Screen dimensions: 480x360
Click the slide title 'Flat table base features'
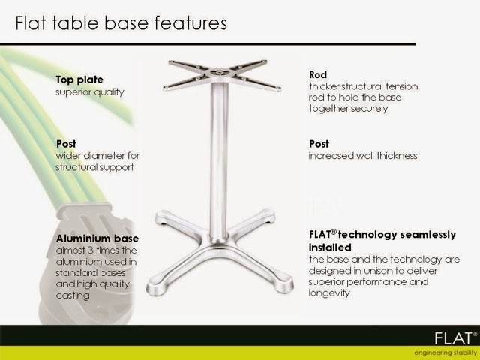point(121,23)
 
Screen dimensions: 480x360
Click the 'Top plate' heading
point(79,80)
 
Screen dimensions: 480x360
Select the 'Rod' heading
point(318,75)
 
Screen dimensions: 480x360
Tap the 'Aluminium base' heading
point(97,238)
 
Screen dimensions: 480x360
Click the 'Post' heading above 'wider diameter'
point(66,144)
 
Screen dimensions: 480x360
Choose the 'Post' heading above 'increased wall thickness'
point(319,144)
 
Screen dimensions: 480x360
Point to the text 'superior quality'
point(90,92)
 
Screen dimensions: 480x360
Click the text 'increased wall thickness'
point(363,156)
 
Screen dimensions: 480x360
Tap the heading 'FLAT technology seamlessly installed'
point(382,241)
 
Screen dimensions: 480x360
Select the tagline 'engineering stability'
point(445,352)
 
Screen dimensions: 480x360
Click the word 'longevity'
point(329,293)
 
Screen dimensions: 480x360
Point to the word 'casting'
point(73,295)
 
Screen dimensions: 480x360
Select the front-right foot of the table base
point(283,283)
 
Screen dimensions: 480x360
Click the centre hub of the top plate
point(220,73)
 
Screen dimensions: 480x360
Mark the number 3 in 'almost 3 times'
point(90,250)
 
